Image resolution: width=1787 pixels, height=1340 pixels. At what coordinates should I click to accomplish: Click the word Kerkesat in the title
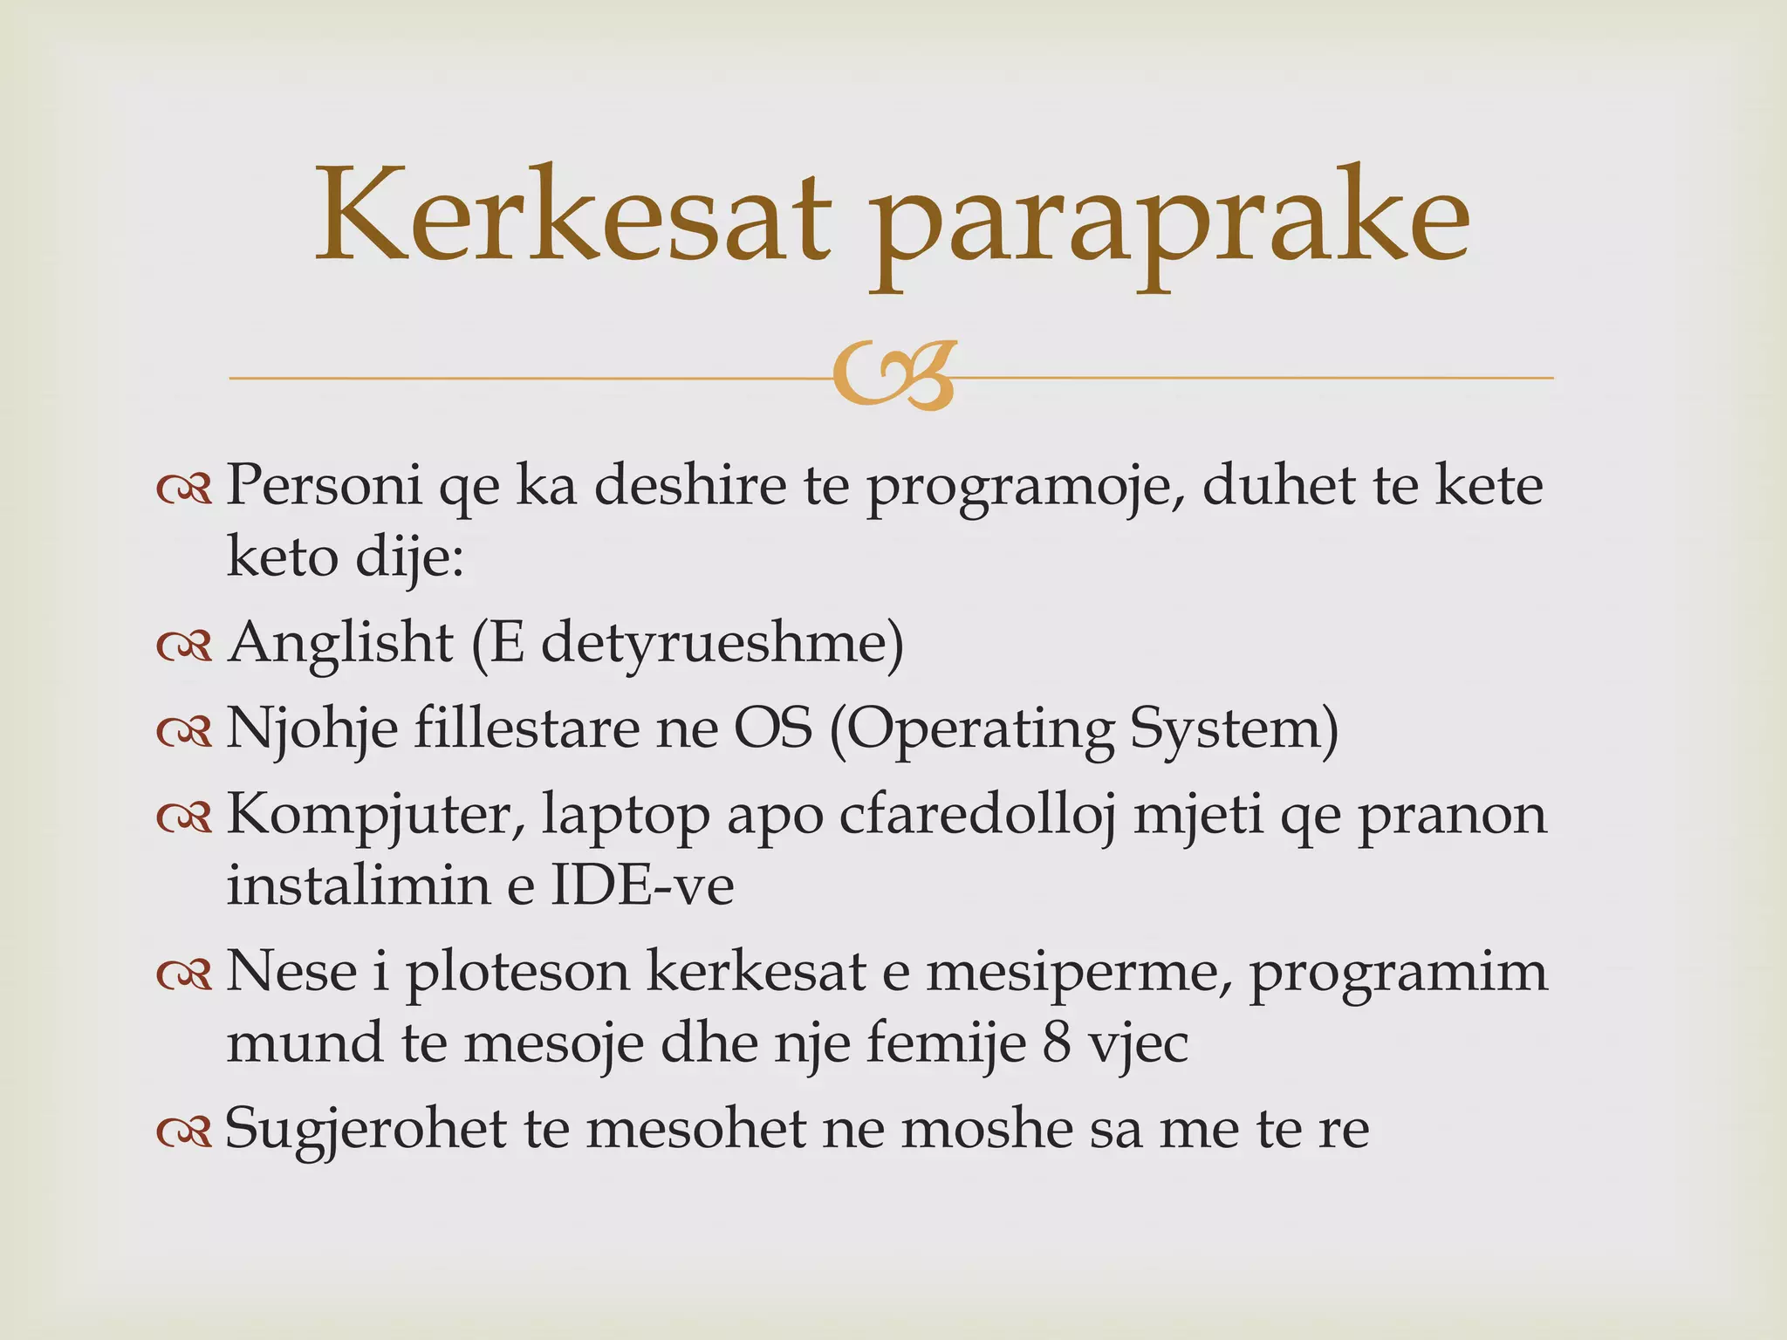pyautogui.click(x=572, y=216)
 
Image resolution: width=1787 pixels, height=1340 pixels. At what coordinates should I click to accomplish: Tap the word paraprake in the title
pyautogui.click(x=1169, y=222)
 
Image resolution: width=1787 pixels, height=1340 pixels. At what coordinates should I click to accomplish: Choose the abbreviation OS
pyautogui.click(x=773, y=728)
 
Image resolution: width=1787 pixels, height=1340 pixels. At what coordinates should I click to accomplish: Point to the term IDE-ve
pyautogui.click(x=642, y=885)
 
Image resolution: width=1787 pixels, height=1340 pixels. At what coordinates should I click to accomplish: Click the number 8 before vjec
pyautogui.click(x=1057, y=1043)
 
